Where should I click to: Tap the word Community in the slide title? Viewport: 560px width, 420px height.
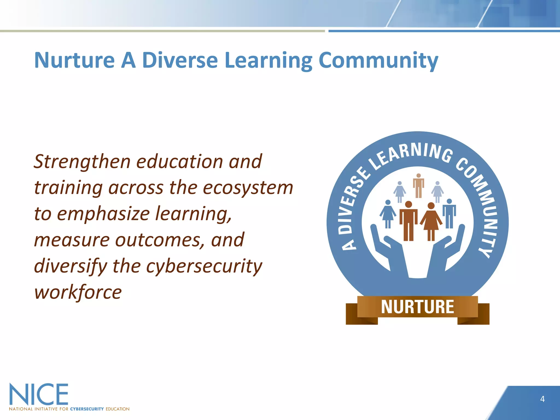pos(378,61)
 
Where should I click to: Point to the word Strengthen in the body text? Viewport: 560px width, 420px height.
pos(82,162)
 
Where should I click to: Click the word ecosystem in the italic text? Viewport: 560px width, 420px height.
pos(248,188)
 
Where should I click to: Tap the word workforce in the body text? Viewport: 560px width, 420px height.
pos(78,292)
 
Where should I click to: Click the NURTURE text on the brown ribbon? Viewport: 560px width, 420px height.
pos(417,307)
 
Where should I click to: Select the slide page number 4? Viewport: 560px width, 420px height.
pos(542,399)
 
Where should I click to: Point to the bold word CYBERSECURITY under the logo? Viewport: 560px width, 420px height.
pos(87,409)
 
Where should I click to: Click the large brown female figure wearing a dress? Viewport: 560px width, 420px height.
pos(431,221)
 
